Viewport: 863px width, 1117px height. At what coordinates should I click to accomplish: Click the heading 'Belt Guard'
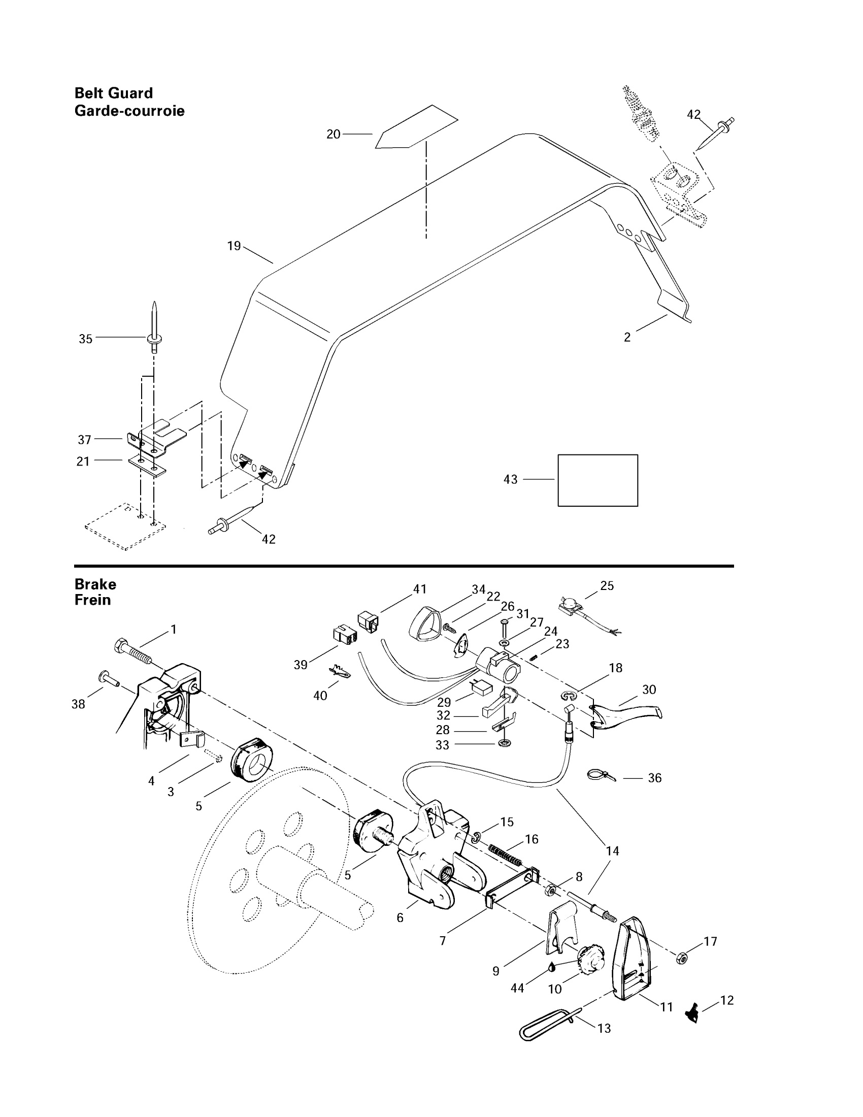(114, 93)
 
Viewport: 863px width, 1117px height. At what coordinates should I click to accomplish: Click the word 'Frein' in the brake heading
(92, 600)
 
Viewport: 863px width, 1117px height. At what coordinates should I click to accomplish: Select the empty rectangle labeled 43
(597, 480)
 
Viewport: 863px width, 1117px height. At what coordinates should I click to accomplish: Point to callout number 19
(234, 246)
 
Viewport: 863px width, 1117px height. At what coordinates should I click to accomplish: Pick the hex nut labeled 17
(681, 958)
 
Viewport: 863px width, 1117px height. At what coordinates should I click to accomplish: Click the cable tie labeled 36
(601, 775)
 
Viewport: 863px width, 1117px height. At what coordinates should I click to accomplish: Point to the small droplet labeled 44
(553, 966)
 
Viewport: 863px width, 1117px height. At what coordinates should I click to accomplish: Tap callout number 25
(607, 585)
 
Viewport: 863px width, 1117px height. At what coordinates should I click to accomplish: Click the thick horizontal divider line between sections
(404, 566)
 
